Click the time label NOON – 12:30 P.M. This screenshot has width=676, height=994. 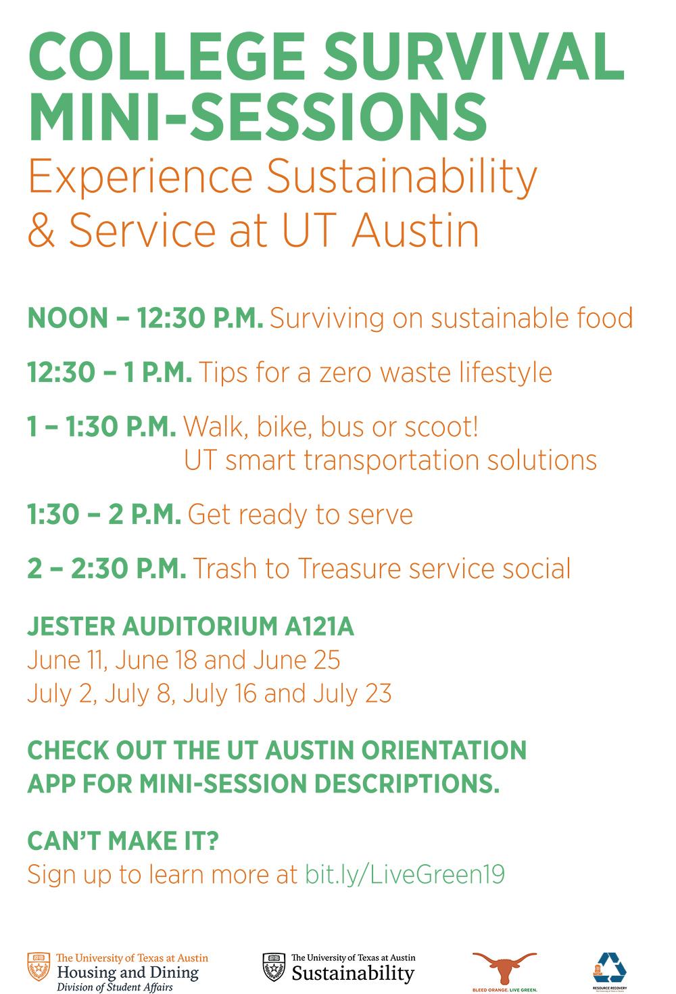145,318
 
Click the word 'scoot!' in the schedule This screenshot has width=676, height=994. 441,427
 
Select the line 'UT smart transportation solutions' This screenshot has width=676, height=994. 390,460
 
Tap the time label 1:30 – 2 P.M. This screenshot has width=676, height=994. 104,515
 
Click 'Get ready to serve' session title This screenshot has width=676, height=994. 300,515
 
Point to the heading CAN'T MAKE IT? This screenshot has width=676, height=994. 122,842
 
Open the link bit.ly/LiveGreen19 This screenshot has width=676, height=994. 405,875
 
